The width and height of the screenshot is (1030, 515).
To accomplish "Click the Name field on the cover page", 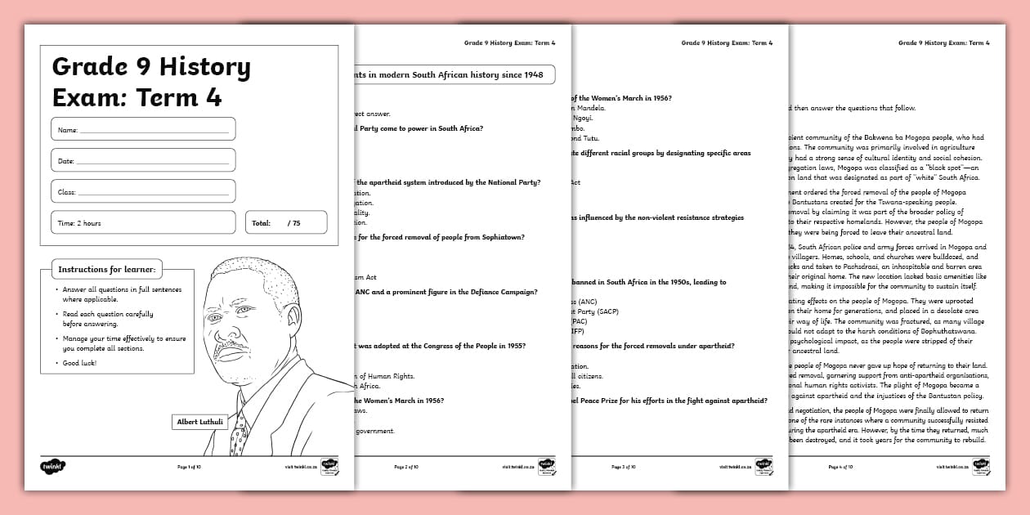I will [143, 129].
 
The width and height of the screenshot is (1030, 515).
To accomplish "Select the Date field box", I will [143, 160].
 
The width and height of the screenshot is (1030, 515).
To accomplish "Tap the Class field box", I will [143, 191].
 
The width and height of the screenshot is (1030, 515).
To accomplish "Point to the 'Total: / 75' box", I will [285, 222].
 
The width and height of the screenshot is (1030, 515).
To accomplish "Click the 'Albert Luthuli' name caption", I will [199, 422].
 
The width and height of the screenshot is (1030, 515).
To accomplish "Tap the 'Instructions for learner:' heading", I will [107, 269].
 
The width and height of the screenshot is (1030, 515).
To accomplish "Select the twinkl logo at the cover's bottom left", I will [51, 467].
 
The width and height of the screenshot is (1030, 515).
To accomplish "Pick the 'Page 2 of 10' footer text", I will [406, 468].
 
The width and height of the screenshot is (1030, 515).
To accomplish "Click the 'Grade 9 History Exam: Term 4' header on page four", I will [943, 43].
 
